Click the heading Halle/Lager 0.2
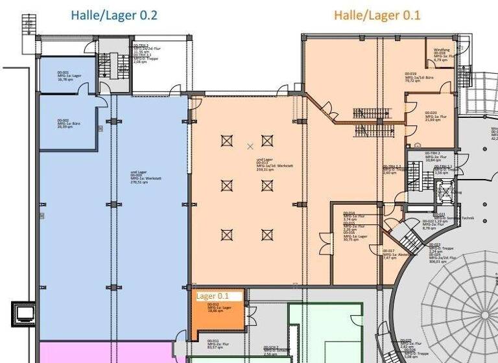(x=114, y=15)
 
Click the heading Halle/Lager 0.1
(x=377, y=15)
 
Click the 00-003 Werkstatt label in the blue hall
(x=145, y=178)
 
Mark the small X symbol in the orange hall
(x=250, y=146)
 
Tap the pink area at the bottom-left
(x=104, y=353)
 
